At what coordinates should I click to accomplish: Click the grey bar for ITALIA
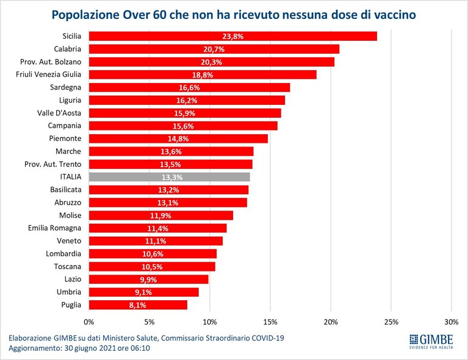[x=169, y=177]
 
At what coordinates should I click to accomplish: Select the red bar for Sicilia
[x=233, y=36]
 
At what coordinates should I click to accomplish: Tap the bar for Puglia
[x=138, y=304]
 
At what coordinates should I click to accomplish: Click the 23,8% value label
[x=233, y=37]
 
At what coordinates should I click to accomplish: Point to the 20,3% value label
[x=211, y=62]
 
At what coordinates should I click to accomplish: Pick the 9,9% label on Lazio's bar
[x=148, y=279]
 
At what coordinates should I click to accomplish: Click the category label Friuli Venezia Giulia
[x=48, y=74]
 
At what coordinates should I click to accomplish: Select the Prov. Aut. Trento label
[x=53, y=164]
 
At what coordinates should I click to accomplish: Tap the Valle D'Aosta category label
[x=59, y=113]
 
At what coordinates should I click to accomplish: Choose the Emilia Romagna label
[x=55, y=228]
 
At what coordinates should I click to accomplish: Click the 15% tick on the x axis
[x=270, y=322]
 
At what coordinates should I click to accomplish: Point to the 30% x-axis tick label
[x=452, y=322]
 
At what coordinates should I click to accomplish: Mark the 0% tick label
[x=89, y=322]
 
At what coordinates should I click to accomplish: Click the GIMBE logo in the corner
[x=431, y=342]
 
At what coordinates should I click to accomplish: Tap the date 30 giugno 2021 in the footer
[x=90, y=348]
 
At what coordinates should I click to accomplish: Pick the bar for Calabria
[x=214, y=49]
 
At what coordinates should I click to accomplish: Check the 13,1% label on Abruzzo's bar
[x=168, y=203]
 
